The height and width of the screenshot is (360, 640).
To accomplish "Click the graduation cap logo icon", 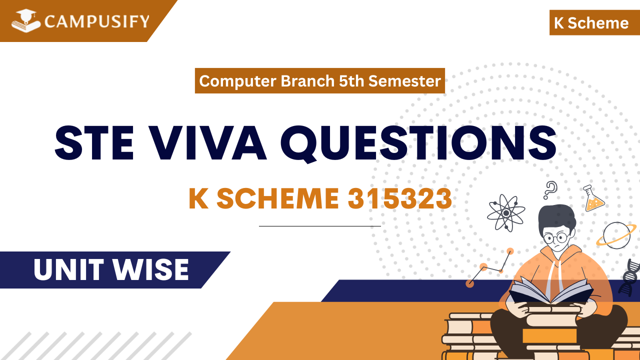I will click(26, 21).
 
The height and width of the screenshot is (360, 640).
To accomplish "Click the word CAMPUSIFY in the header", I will click(97, 21).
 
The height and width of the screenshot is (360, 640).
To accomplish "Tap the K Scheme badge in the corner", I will click(591, 23).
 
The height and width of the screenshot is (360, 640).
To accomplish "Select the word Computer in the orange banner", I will click(238, 81).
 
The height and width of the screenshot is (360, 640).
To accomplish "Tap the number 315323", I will click(400, 199).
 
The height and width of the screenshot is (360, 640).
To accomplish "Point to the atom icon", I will click(506, 212).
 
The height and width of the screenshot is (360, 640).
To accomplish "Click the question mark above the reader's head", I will click(550, 190).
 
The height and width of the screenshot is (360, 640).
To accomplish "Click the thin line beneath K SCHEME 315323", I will click(319, 226).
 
